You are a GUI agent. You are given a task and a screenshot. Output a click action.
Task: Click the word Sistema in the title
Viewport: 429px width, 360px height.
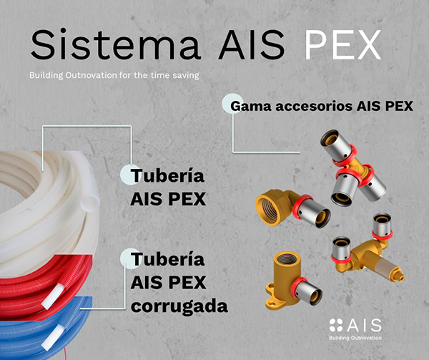116,44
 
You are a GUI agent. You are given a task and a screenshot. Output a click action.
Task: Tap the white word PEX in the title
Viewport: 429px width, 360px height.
342,44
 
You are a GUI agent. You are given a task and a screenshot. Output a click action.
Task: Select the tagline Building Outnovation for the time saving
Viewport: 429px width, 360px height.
114,75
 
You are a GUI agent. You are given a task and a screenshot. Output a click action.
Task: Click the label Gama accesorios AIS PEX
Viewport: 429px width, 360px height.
322,106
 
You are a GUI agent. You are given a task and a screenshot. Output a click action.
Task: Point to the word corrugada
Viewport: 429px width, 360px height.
179,306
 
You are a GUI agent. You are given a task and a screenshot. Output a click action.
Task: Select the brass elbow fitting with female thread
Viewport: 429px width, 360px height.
292,208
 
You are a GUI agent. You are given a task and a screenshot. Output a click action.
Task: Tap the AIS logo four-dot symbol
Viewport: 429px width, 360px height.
336,325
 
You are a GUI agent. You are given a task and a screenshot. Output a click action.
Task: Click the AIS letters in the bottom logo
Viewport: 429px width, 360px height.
364,325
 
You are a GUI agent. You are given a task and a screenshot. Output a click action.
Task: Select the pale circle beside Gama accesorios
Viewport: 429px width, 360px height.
232,103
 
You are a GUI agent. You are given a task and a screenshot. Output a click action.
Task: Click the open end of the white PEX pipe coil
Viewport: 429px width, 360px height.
90,202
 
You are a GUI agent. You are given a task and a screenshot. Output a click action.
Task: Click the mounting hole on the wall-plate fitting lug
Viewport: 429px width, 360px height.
272,304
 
